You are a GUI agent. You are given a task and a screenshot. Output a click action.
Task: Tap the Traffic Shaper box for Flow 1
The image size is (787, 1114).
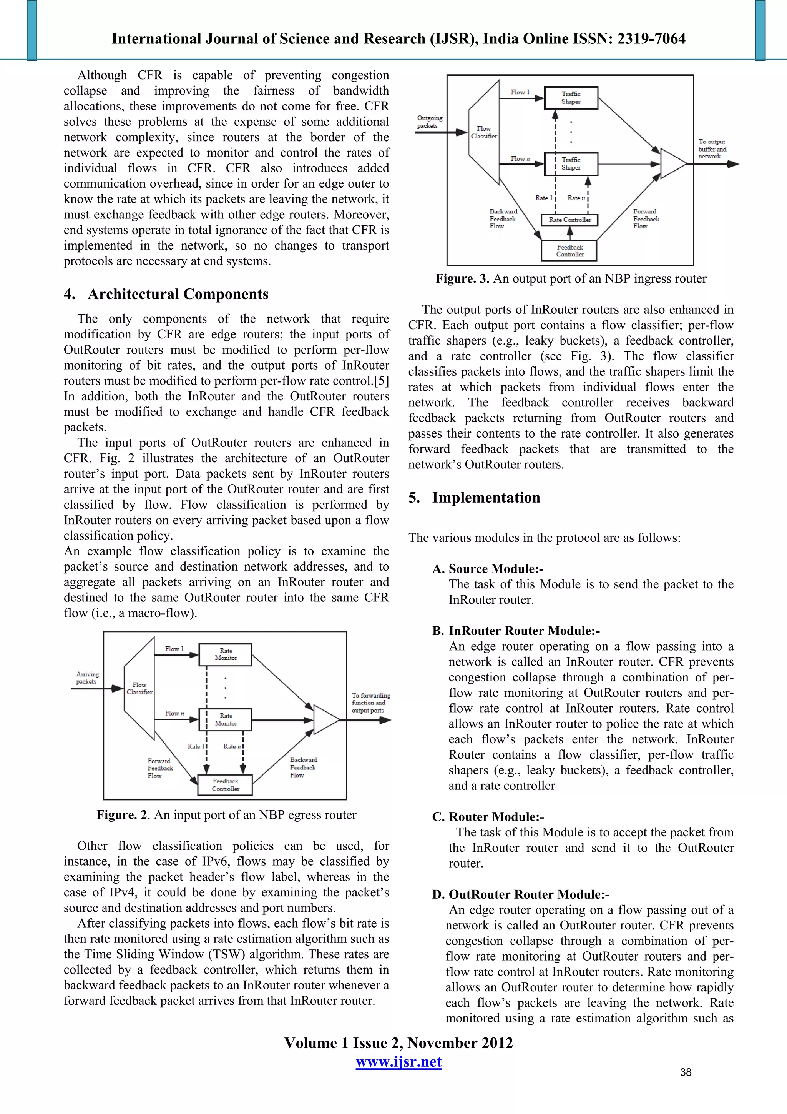coord(571,98)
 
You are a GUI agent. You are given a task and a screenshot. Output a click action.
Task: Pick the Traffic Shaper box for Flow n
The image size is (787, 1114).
coord(571,163)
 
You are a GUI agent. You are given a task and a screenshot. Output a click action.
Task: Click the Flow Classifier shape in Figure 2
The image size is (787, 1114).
coord(139,688)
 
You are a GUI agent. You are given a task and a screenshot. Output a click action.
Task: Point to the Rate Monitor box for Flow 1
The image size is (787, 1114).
coord(226,654)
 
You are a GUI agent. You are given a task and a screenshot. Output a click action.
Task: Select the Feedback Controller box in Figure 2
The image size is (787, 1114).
coord(226,784)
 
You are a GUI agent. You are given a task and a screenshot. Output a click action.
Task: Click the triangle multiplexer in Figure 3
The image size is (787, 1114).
coord(672,163)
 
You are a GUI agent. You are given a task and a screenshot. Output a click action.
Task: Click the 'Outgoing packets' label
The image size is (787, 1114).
coord(430,122)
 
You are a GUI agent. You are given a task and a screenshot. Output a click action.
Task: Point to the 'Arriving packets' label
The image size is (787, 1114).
coord(87,678)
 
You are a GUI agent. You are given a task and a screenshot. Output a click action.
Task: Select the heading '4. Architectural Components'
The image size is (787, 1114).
coord(166,294)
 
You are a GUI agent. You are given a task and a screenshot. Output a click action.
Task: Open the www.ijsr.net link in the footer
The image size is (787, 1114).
coord(398,1062)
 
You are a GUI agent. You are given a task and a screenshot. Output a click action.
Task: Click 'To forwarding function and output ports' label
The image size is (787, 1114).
coord(370,703)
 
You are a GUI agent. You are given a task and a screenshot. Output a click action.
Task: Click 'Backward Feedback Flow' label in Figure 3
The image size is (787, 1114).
coord(503,219)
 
